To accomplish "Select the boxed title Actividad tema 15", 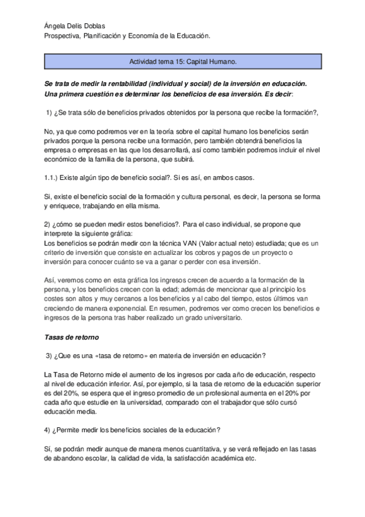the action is coord(182,62).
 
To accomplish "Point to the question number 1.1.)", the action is coord(54,177).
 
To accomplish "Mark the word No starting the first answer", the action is coord(49,132).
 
